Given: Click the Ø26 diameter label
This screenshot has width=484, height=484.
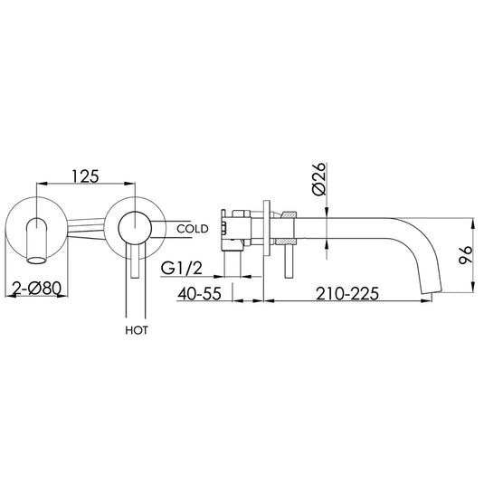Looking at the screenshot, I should tap(318, 182).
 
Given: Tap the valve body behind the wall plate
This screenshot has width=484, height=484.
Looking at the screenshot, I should tap(241, 231).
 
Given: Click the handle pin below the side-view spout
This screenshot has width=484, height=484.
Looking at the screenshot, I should tap(289, 262).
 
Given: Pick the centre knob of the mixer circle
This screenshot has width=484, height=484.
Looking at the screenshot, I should tap(134, 225).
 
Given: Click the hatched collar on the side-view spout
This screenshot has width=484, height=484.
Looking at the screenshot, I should tap(289, 231).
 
